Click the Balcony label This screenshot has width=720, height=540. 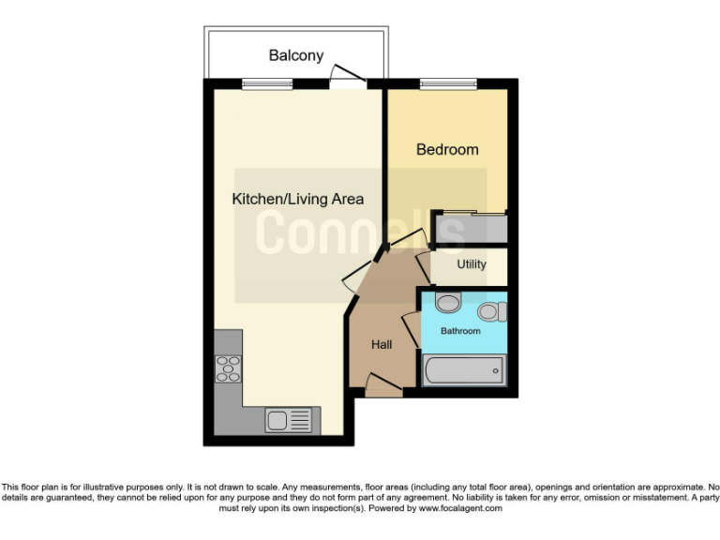296,55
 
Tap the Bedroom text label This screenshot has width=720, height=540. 447,149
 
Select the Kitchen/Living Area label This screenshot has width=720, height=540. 297,199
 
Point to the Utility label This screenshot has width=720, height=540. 472,264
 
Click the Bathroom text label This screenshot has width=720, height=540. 461,331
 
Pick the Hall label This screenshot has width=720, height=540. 381,345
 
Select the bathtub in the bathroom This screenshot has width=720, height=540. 463,370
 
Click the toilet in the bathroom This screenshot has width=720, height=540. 490,311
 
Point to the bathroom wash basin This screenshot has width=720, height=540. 448,304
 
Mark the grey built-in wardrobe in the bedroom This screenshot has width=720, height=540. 470,228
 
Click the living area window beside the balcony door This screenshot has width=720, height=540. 267,84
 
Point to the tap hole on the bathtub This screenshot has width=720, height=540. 495,370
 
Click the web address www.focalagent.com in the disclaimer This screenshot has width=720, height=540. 459,508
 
